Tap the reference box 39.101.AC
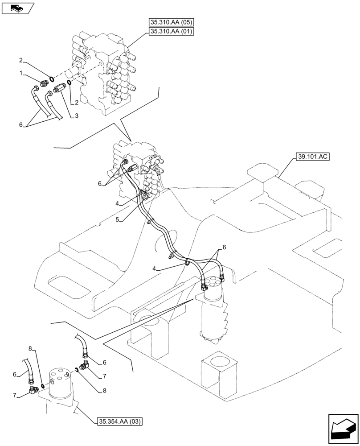click(x=311, y=157)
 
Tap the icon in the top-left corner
click(x=17, y=8)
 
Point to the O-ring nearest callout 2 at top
click(x=51, y=79)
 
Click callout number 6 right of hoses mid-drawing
click(x=225, y=247)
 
